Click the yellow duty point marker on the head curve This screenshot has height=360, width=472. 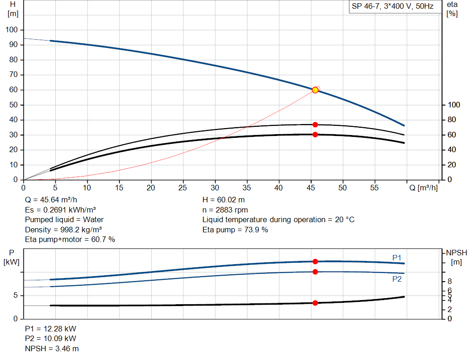[315, 90]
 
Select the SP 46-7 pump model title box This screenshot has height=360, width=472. [392, 7]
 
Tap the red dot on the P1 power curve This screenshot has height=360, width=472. [315, 261]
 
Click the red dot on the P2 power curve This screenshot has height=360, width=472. [315, 271]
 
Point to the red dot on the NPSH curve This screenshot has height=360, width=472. [315, 303]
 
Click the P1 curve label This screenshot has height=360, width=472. [397, 257]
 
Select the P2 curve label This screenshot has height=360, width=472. [397, 279]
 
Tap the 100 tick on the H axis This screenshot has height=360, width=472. [12, 30]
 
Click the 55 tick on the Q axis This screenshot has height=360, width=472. [374, 188]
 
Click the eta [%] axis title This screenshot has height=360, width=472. [452, 9]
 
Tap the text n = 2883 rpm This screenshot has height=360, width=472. [225, 210]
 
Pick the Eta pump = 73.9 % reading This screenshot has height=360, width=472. [235, 230]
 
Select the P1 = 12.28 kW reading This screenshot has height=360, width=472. [50, 329]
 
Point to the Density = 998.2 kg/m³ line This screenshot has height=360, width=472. [63, 230]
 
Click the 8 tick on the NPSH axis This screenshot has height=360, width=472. [449, 281]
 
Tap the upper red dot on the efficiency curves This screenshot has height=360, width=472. [315, 124]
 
